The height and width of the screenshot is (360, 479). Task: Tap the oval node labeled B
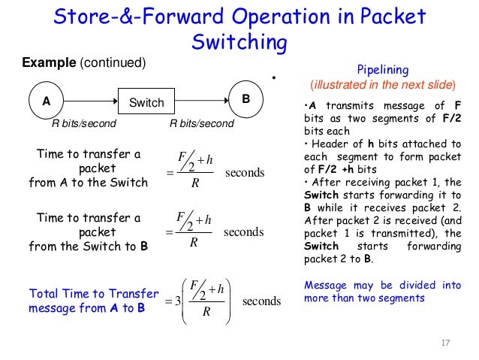246,100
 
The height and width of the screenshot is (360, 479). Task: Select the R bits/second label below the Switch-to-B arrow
201,123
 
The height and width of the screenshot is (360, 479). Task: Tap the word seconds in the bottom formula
261,301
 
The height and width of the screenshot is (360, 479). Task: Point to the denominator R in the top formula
193,183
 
